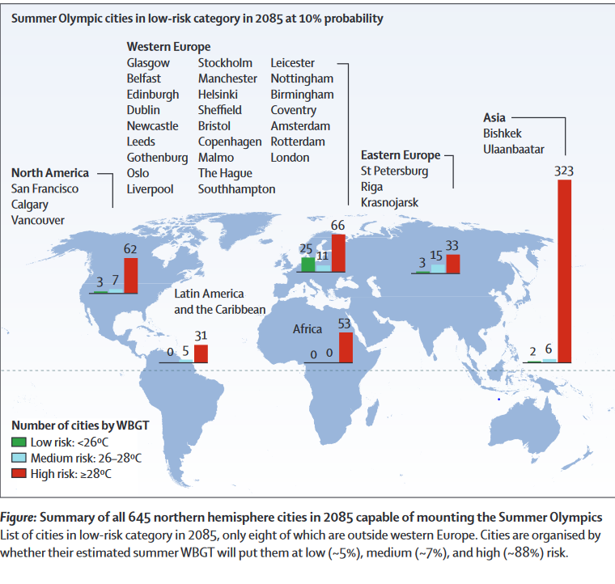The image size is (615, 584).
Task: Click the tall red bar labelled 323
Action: click(564, 270)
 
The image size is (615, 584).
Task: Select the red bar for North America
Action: click(130, 275)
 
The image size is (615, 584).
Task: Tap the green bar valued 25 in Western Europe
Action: click(307, 264)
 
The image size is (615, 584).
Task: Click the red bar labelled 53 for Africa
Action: click(346, 348)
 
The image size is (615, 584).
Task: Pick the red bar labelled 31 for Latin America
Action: click(201, 353)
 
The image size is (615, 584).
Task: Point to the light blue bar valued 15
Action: click(438, 269)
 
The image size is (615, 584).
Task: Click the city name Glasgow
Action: click(148, 63)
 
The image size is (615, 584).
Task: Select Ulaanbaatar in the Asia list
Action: click(514, 149)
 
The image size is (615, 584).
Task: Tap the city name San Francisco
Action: click(45, 188)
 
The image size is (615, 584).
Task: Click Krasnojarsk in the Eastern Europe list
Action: click(389, 202)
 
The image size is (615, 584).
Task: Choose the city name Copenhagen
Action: click(230, 142)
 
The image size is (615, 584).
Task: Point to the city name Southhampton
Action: click(236, 188)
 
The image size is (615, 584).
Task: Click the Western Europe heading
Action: click(168, 47)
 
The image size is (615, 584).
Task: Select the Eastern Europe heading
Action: click(401, 154)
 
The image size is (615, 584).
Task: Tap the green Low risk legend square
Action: click(19, 442)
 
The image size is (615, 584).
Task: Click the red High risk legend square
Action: click(19, 473)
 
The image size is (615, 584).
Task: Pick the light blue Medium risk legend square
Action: click(19, 458)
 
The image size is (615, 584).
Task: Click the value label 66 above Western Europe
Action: click(337, 225)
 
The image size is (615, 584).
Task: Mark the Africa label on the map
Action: click(307, 329)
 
